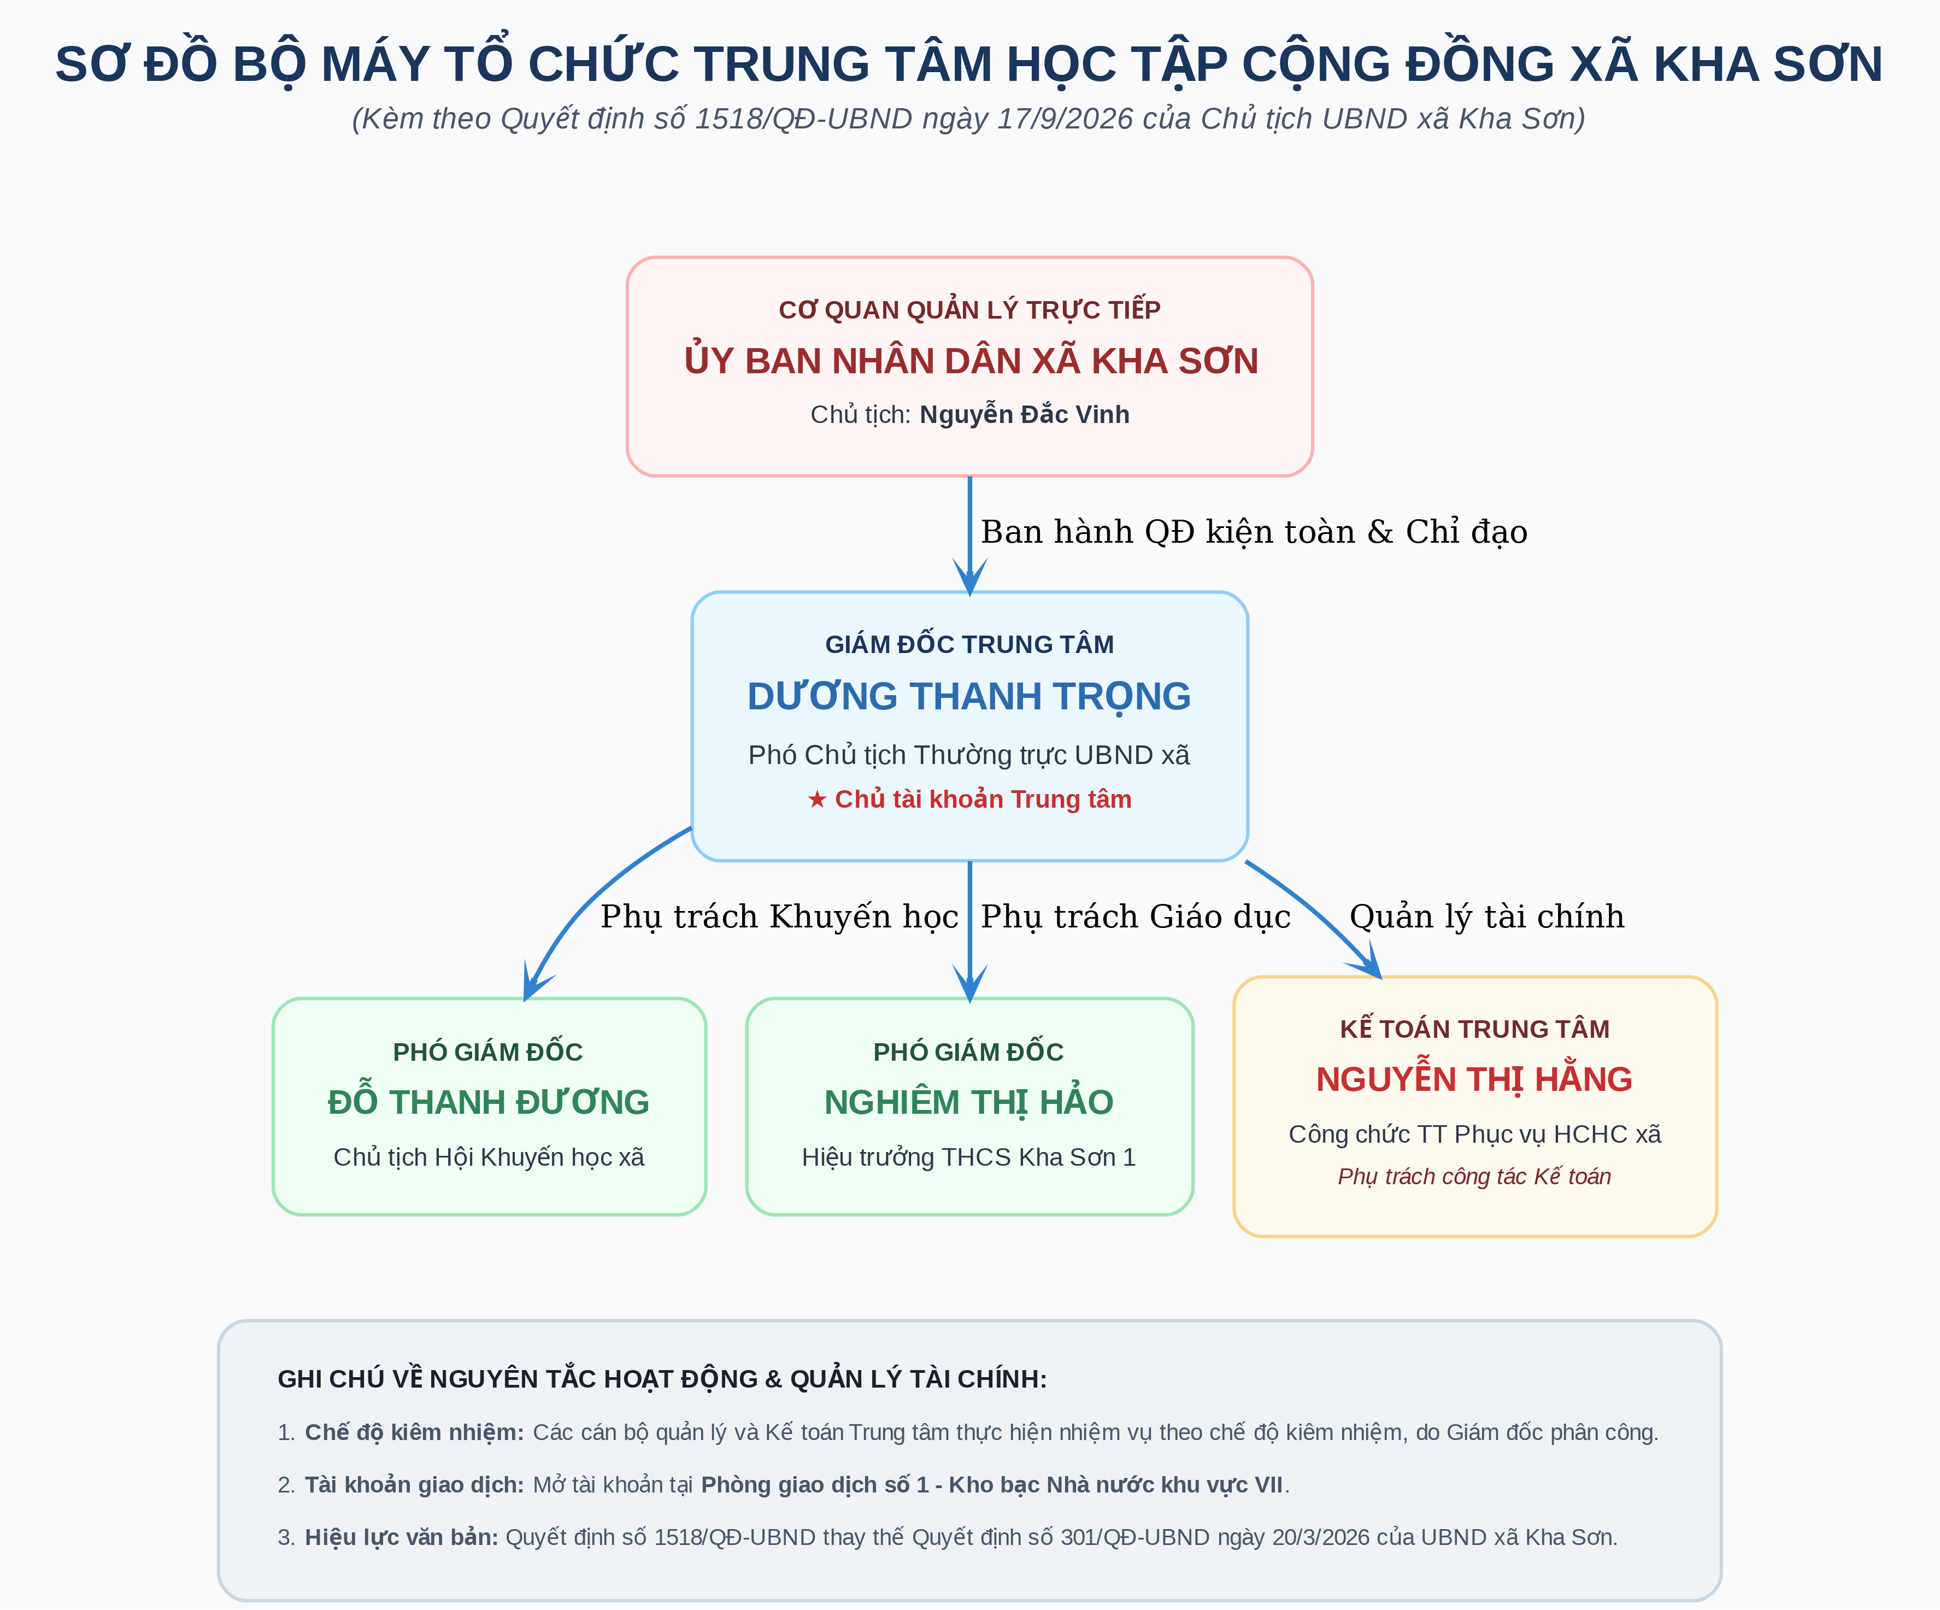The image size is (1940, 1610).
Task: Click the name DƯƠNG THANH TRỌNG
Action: coord(969,696)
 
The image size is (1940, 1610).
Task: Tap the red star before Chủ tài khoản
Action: coord(816,799)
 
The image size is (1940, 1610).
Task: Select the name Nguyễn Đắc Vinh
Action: coord(1025,415)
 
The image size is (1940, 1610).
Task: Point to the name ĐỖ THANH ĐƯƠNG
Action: coord(489,1102)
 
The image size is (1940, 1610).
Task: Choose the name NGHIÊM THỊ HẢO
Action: coord(969,1102)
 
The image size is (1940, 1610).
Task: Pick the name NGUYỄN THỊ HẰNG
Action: coord(1474,1079)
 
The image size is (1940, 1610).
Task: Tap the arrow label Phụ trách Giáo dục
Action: coord(1136,916)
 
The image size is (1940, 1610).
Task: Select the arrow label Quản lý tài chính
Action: coord(1486,916)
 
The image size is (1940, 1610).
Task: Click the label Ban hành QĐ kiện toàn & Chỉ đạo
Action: coord(1254,532)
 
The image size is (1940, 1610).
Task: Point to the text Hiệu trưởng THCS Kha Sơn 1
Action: coord(969,1157)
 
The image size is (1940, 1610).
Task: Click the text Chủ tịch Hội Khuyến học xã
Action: coord(489,1157)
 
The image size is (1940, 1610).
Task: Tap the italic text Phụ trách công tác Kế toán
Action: coord(1474,1177)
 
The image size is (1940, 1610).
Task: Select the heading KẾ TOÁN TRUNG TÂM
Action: coord(1474,1029)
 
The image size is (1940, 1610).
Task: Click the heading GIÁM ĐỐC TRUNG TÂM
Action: coord(969,645)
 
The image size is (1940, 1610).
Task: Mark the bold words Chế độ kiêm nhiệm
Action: coord(415,1432)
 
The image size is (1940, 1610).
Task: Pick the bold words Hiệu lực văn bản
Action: coord(402,1538)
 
